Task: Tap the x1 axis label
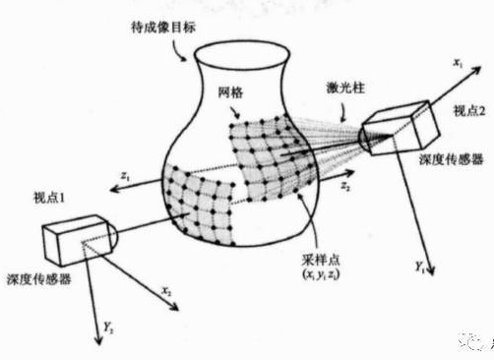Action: coord(458,62)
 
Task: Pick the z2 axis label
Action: coord(344,184)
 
